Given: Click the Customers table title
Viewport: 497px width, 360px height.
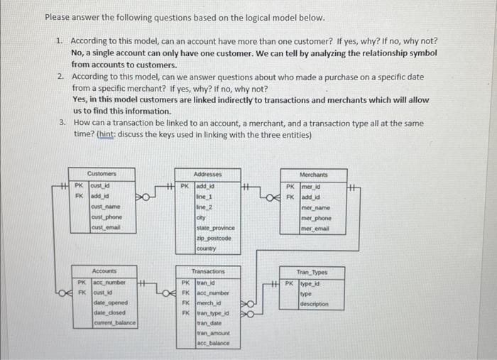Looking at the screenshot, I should pyautogui.click(x=102, y=174).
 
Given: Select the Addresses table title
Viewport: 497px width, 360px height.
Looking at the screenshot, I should pyautogui.click(x=207, y=174).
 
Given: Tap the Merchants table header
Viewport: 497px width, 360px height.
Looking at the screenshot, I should pyautogui.click(x=314, y=174).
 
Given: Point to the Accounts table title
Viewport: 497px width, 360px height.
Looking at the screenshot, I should pyautogui.click(x=104, y=272).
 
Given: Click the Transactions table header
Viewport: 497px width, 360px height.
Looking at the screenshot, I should pyautogui.click(x=208, y=272).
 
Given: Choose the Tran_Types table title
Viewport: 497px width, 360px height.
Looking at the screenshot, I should pyautogui.click(x=314, y=272).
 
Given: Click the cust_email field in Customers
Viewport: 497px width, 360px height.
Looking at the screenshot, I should pyautogui.click(x=105, y=227).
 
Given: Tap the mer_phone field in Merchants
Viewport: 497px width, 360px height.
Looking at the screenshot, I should pyautogui.click(x=317, y=219).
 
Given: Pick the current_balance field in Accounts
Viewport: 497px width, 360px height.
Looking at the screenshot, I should pyautogui.click(x=114, y=323).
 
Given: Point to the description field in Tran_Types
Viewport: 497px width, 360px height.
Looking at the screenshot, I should pyautogui.click(x=313, y=304).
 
